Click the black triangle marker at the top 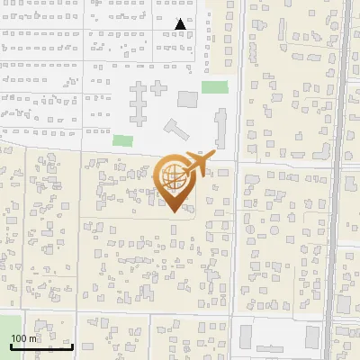coord(181,24)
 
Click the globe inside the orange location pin coord(171,177)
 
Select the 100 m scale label coord(24,338)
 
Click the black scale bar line coord(41,346)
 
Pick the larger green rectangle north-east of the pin coord(214,87)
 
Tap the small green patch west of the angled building coord(122,140)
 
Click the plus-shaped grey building coord(159,89)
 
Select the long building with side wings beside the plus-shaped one coord(139,103)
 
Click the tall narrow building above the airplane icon coord(220,126)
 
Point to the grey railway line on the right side coord(342,180)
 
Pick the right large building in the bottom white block coord(311,337)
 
